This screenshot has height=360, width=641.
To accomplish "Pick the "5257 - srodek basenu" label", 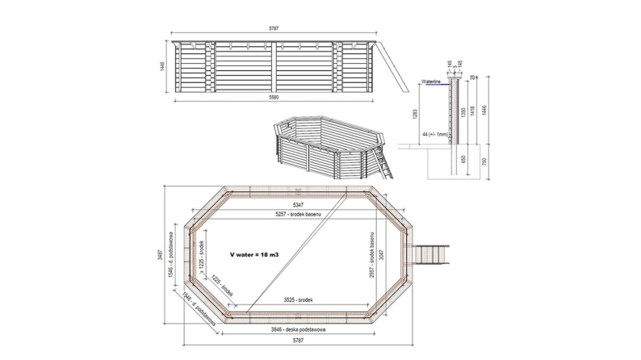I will click(300, 216).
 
